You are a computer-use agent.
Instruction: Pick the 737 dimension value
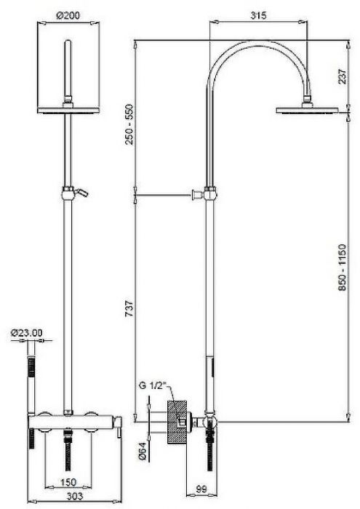[x=129, y=307]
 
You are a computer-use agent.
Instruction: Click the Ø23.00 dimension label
[x=28, y=333]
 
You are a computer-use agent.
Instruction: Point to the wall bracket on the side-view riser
[x=196, y=194]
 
